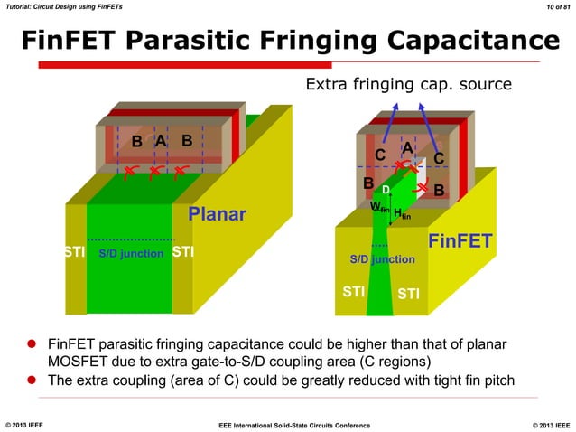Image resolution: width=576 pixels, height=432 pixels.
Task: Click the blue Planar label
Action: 217,215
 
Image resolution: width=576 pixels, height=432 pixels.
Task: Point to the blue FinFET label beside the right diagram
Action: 460,241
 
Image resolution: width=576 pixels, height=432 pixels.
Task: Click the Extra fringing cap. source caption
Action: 409,85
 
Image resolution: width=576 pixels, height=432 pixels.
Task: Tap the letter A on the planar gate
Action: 160,140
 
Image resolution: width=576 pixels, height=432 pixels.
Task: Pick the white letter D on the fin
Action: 385,190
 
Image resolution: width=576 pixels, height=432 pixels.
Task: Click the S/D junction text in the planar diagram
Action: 131,254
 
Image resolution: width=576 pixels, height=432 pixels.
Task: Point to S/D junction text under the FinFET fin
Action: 382,259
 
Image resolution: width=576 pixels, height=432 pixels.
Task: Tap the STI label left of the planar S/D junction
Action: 75,251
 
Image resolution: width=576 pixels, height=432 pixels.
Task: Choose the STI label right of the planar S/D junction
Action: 183,251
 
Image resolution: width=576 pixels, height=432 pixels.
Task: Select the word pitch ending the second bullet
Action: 497,380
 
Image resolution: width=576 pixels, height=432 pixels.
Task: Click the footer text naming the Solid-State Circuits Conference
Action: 288,423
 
